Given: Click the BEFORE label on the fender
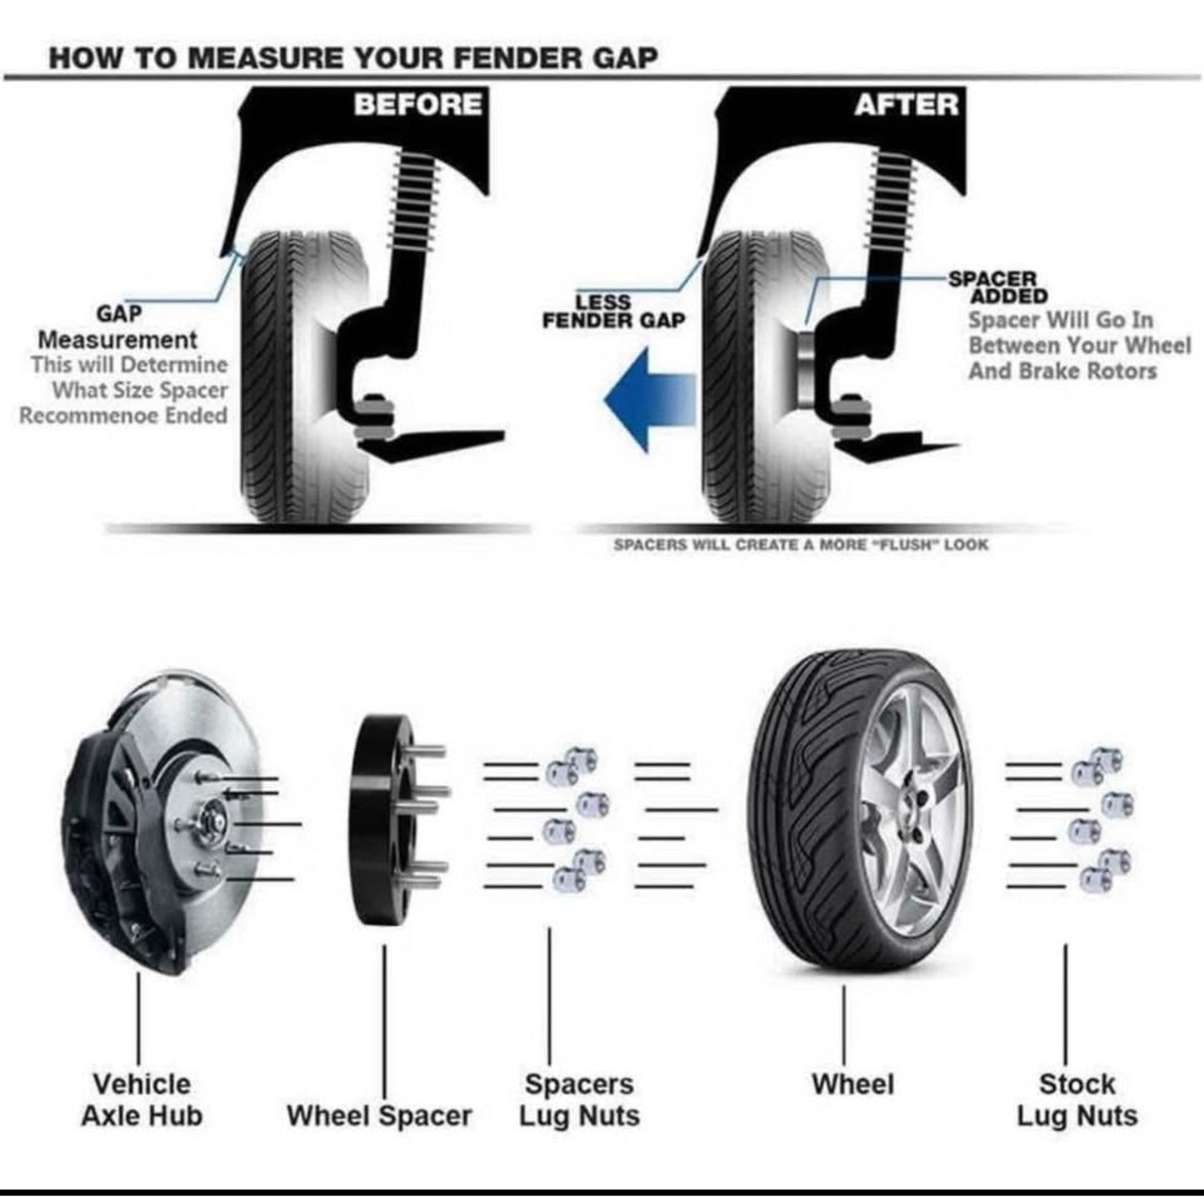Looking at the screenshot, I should tap(417, 105).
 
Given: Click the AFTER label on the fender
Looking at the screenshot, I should tap(906, 105).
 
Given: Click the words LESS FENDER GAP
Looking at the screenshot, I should tap(613, 311).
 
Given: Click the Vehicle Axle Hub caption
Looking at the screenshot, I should tap(142, 1100).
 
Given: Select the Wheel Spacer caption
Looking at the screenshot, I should tap(379, 1116).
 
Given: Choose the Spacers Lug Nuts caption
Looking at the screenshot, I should tap(579, 1100).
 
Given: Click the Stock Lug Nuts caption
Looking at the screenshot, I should tap(1077, 1100).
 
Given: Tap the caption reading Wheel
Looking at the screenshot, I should tap(853, 1084).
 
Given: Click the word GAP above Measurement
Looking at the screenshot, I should tap(118, 313).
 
